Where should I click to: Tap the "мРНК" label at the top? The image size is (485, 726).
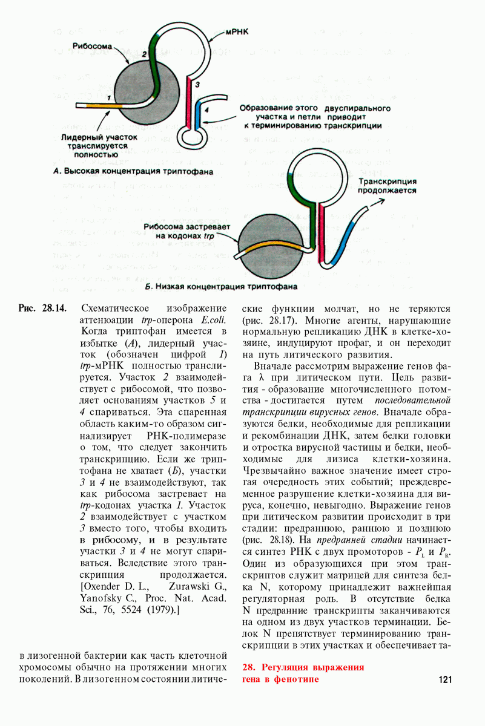tap(238, 29)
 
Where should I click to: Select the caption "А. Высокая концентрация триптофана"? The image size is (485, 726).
tap(133, 171)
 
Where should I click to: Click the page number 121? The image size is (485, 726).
tap(444, 679)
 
